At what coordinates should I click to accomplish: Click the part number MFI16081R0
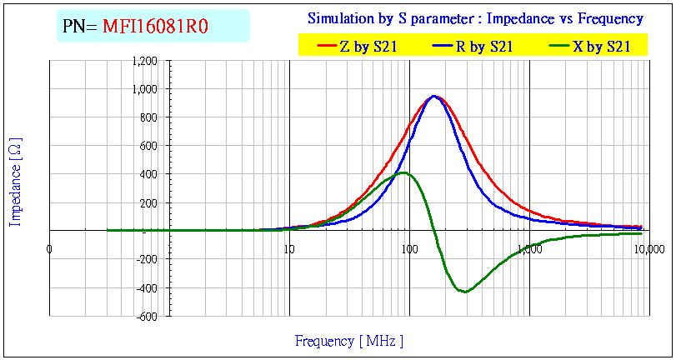click(155, 27)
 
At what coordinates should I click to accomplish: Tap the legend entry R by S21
click(483, 47)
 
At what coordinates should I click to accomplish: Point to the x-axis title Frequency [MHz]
click(349, 341)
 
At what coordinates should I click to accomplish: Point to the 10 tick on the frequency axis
click(288, 247)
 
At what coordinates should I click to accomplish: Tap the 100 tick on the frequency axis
click(408, 247)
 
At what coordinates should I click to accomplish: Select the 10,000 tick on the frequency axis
click(648, 247)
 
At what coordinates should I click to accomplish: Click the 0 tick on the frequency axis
click(49, 247)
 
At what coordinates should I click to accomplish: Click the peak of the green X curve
click(403, 172)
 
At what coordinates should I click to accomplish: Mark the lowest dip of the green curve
click(464, 292)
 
